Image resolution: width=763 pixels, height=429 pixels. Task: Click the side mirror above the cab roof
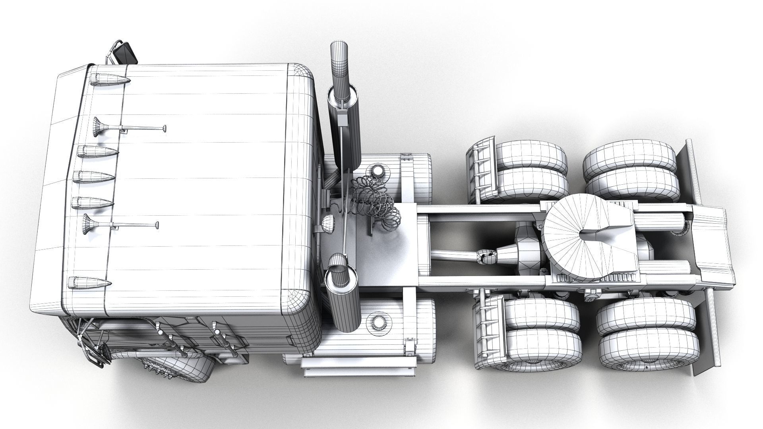(x=126, y=54)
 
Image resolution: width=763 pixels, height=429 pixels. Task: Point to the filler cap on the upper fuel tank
(x=376, y=171)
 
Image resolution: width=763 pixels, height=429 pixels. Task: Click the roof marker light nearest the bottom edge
(x=89, y=283)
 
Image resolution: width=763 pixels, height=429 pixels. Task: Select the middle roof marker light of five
(x=94, y=176)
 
